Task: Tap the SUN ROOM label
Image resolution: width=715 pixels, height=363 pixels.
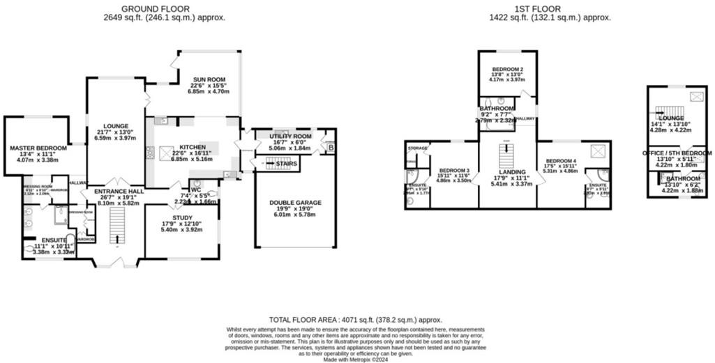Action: pyautogui.click(x=208, y=79)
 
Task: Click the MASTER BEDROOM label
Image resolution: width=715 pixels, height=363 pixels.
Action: pyautogui.click(x=38, y=148)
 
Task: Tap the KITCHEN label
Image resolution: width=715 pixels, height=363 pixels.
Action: pyautogui.click(x=193, y=147)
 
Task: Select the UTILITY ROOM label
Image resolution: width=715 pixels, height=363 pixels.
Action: pyautogui.click(x=290, y=137)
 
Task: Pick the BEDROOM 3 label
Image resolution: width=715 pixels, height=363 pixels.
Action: pyautogui.click(x=453, y=171)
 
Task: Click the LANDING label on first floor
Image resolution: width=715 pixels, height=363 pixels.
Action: pyautogui.click(x=507, y=171)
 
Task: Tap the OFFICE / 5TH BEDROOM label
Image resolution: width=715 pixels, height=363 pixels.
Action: pyautogui.click(x=677, y=153)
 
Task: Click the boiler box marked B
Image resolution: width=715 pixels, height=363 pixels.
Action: pyautogui.click(x=331, y=148)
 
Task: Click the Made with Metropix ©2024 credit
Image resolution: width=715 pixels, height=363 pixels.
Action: pyautogui.click(x=356, y=359)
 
